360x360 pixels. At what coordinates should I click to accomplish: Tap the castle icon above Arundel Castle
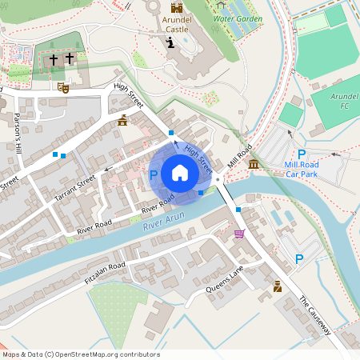point(176,7)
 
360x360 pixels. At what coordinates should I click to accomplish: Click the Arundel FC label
point(344,100)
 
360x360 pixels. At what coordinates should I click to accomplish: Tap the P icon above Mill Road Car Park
point(302,154)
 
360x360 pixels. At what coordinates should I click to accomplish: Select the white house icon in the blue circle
point(180,173)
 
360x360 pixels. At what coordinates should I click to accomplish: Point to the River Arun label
point(163,222)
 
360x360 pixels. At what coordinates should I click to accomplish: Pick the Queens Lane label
point(224,281)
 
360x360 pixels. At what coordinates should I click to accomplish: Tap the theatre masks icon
point(63,88)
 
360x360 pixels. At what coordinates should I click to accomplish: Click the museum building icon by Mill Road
point(254,164)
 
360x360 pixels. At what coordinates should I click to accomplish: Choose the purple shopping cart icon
point(238,234)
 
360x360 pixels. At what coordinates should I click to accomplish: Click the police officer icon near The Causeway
point(277,286)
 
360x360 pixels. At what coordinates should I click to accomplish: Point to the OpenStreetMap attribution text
point(80,354)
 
